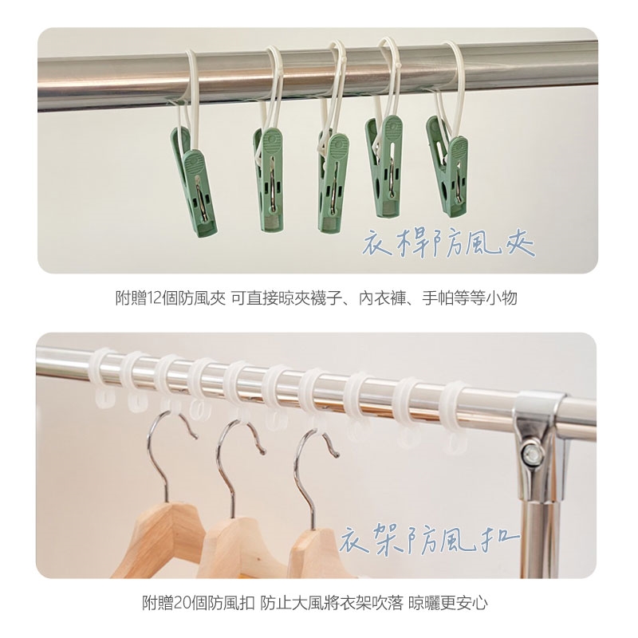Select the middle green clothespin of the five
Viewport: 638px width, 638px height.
[x=333, y=182]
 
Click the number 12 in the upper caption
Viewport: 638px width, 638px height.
[x=154, y=298]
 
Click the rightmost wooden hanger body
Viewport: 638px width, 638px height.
[x=313, y=553]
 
